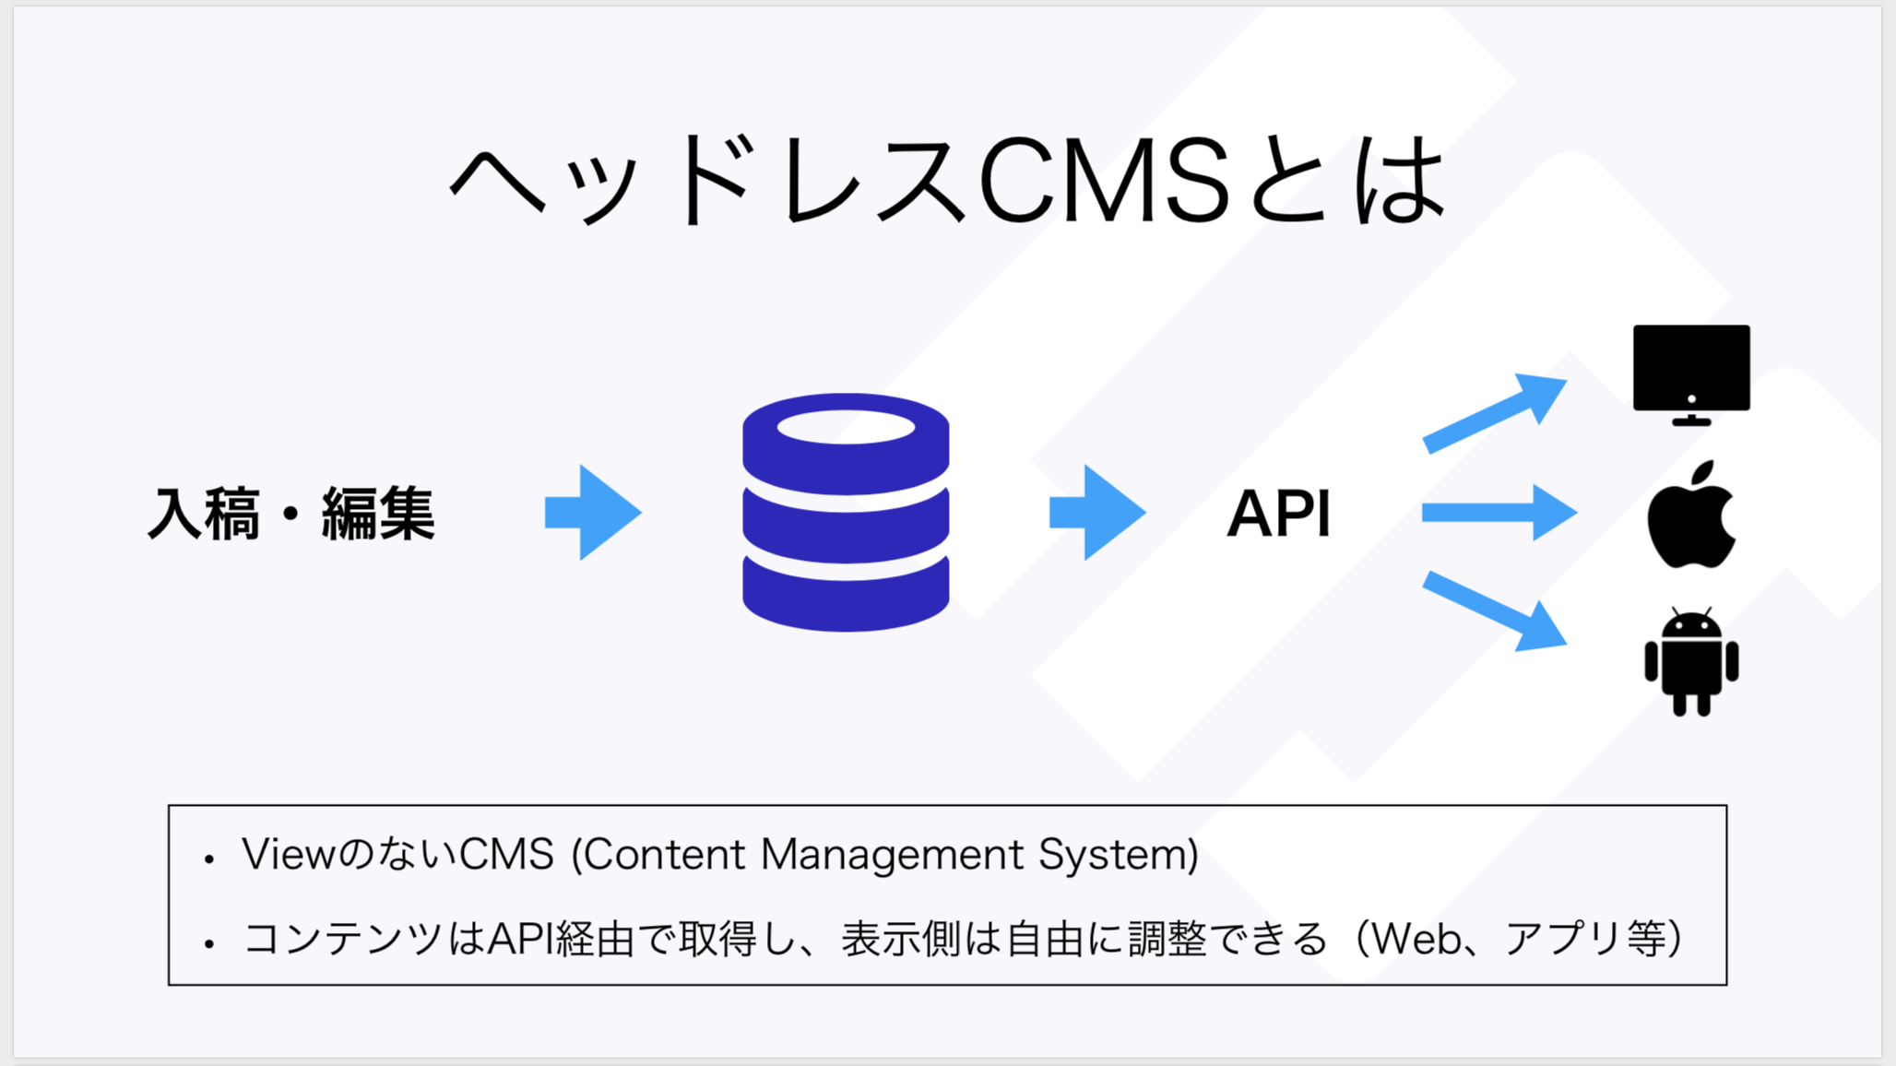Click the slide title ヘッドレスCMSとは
948,180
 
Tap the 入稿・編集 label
291,514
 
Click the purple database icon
846,513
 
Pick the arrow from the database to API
1096,513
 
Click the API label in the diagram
1279,514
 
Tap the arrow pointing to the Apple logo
1499,513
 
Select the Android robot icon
1691,662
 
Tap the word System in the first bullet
1117,856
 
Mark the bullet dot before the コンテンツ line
210,943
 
